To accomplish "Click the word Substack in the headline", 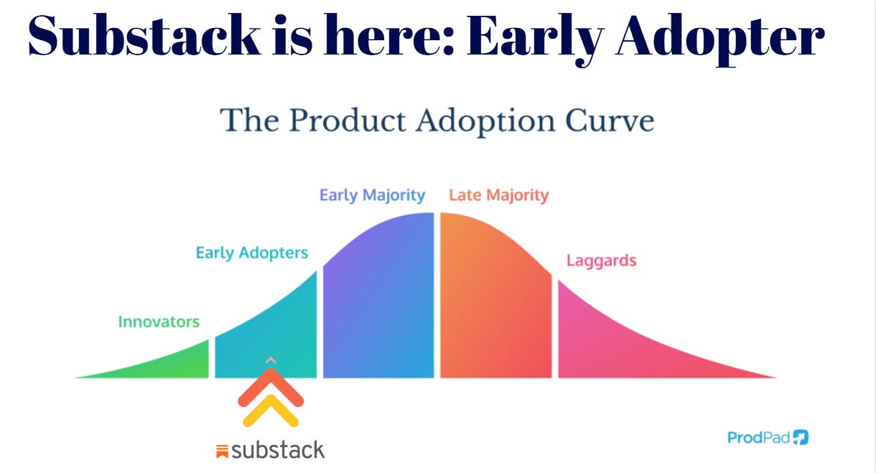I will (144, 37).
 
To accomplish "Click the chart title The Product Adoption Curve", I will (437, 120).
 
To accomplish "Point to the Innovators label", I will (159, 322).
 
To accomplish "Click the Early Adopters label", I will (251, 253).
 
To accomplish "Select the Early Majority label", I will (372, 195).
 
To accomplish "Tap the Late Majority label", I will (498, 195).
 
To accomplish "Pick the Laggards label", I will (601, 260).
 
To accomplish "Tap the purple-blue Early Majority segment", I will (378, 301).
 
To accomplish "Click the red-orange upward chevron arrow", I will (271, 388).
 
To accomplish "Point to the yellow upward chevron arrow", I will (271, 413).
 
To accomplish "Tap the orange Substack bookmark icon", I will (223, 451).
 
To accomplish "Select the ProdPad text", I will (758, 437).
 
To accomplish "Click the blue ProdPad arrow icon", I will (801, 437).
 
